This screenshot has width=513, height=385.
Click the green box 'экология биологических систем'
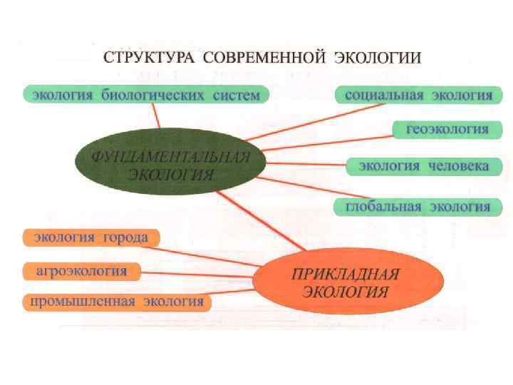coord(145,94)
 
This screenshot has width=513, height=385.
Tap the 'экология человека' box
coord(423,166)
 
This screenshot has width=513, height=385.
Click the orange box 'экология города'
coord(91,237)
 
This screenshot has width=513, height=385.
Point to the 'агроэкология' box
coord(81,271)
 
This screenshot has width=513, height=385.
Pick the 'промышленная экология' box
coord(117,302)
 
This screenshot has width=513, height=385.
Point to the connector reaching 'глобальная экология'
coord(299,192)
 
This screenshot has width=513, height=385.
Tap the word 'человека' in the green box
coord(460,166)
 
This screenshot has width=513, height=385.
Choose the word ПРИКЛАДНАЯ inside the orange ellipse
coord(346,273)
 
